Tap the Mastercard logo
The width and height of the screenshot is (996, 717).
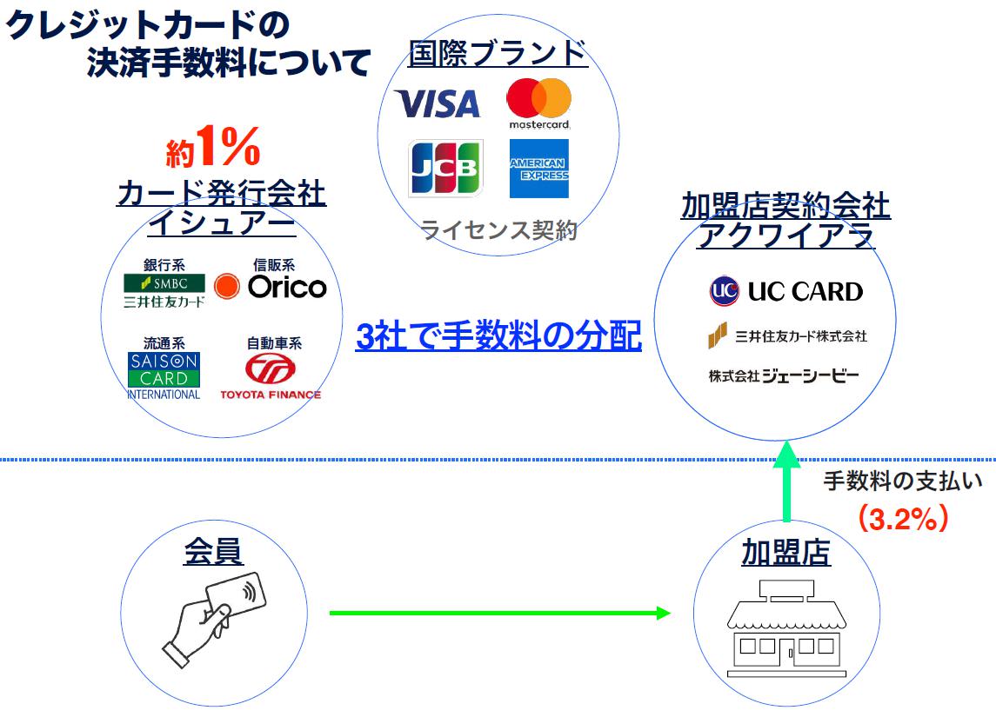click(538, 102)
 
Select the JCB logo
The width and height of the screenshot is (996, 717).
click(445, 169)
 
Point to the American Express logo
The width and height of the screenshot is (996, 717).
click(538, 169)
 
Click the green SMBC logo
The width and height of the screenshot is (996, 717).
click(164, 283)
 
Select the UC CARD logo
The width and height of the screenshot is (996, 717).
click(785, 292)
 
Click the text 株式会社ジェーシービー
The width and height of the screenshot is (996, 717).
click(783, 375)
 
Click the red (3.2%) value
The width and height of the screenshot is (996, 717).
click(902, 519)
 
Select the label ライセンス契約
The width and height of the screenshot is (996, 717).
click(499, 231)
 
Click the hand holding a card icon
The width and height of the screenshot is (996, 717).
click(214, 615)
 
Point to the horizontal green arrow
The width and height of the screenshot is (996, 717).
click(499, 613)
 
